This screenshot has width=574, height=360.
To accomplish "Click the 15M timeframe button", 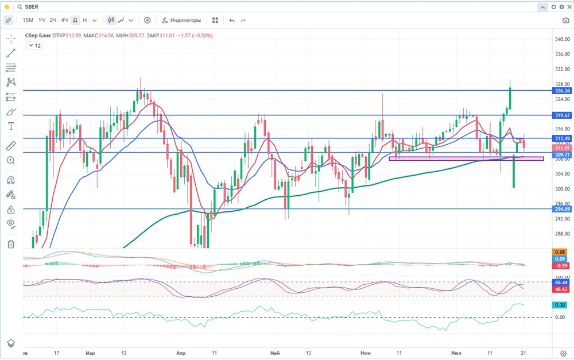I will click(28, 20).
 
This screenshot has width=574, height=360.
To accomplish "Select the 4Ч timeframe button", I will click(64, 20).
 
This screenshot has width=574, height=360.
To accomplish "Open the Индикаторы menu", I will click(181, 20).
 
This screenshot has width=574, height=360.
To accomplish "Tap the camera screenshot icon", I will click(565, 20).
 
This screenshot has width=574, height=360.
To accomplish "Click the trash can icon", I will click(11, 244).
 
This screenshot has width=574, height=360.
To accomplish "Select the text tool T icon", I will click(11, 126).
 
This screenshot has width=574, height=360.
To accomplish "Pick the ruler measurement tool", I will click(11, 146).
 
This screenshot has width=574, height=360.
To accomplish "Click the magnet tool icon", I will click(11, 180).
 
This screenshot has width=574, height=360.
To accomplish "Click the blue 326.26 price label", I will click(562, 91).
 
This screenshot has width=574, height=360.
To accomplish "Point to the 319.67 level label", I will click(562, 115).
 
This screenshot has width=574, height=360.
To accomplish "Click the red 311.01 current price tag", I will click(562, 148).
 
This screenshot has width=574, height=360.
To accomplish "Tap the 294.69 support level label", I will click(562, 209).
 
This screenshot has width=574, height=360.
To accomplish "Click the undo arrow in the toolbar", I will click(232, 20).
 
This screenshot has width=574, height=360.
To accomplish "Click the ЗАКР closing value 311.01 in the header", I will click(169, 36).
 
